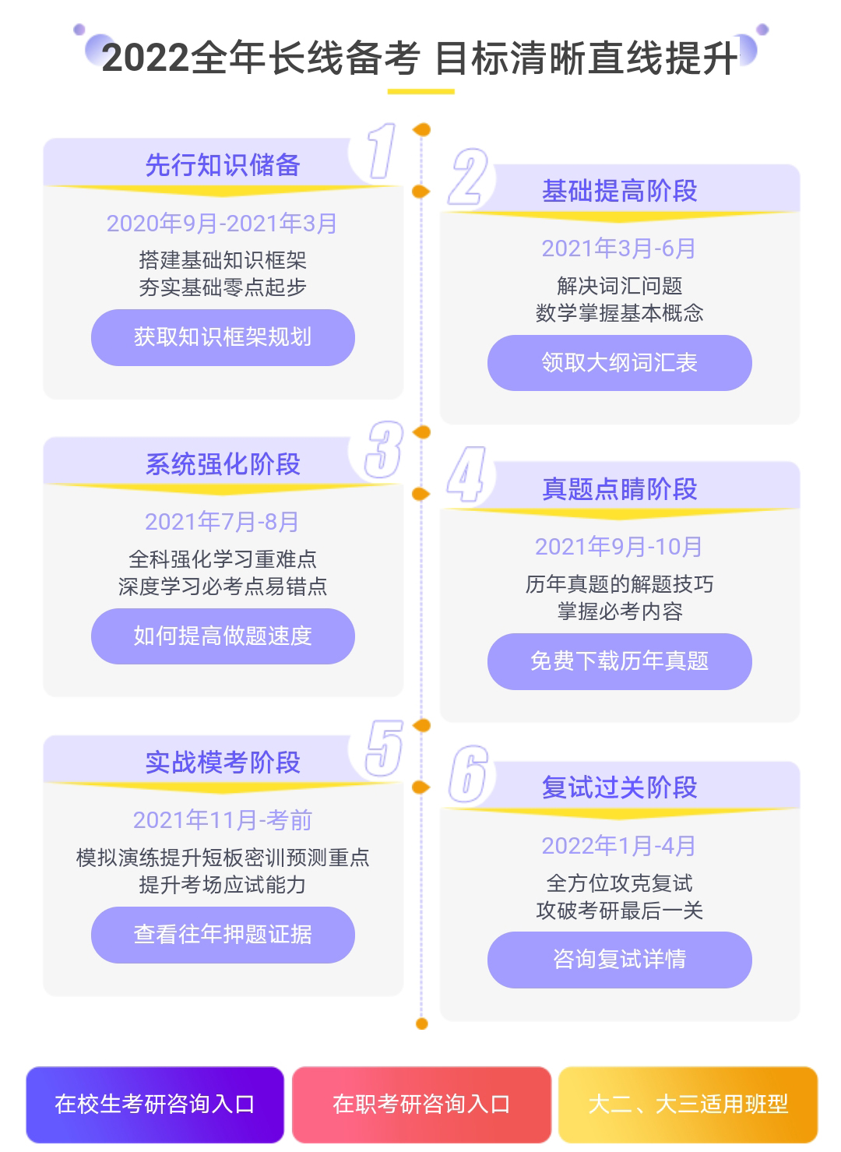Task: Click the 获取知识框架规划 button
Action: pos(223,337)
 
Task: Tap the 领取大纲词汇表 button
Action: pos(619,363)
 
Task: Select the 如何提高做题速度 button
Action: pos(223,636)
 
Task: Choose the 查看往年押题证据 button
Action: pos(223,935)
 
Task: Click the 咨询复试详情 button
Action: pos(619,960)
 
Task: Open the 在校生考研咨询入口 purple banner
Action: pos(155,1104)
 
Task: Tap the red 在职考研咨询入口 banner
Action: pos(421,1104)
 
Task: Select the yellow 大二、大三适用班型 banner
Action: pos(688,1104)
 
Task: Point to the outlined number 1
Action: pos(382,151)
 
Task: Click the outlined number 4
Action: pos(466,474)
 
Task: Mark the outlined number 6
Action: pos(468,773)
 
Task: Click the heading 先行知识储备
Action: pos(223,165)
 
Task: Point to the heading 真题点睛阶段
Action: pos(619,488)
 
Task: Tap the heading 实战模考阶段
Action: pos(223,763)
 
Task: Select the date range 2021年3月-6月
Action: pos(618,249)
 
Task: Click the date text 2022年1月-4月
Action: pos(618,846)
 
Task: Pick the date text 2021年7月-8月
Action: pos(222,522)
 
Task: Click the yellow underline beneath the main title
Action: pos(420,92)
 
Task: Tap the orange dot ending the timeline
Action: pos(421,1024)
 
